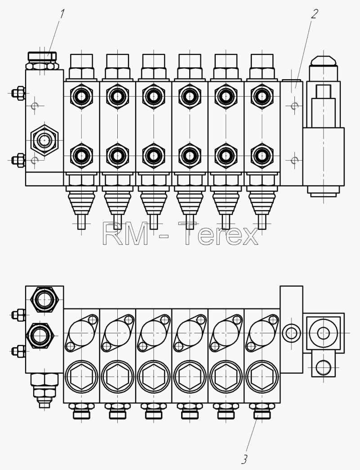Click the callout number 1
pos(62,14)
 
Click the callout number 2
pos(314,14)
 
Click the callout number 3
pos(244,459)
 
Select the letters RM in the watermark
pos(125,234)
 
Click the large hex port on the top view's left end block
pos(44,140)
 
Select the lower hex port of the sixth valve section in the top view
pos(262,156)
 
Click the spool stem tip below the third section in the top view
pos(154,222)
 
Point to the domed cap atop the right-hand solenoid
pos(324,61)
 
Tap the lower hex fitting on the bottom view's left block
pos(40,336)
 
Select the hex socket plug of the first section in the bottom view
pos(81,377)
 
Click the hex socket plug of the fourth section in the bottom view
pos(190,377)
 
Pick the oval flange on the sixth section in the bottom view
pos(262,333)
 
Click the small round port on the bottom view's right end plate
pos(291,333)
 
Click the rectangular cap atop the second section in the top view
pos(117,62)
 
